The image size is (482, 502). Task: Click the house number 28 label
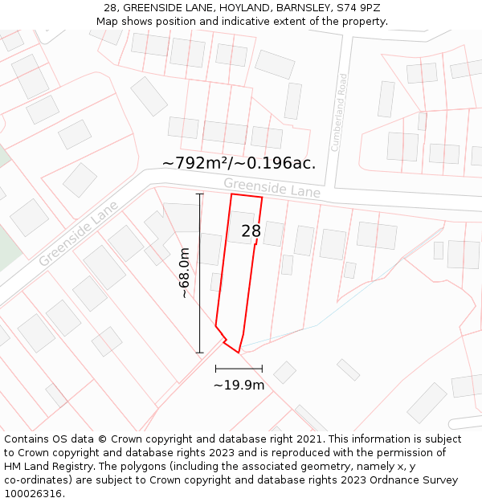click(251, 231)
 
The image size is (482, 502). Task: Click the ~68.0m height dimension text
click(185, 273)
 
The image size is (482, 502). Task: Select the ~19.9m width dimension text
click(239, 385)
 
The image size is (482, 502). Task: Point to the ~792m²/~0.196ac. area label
click(239, 163)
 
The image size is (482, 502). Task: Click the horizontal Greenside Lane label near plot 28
click(272, 188)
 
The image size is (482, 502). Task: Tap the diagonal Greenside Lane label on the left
click(78, 234)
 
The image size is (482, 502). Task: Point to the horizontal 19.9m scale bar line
click(239, 369)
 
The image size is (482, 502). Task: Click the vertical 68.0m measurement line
click(200, 273)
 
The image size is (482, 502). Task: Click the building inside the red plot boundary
click(241, 227)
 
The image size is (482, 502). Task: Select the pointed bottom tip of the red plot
click(238, 352)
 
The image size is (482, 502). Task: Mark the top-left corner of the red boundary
click(232, 194)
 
